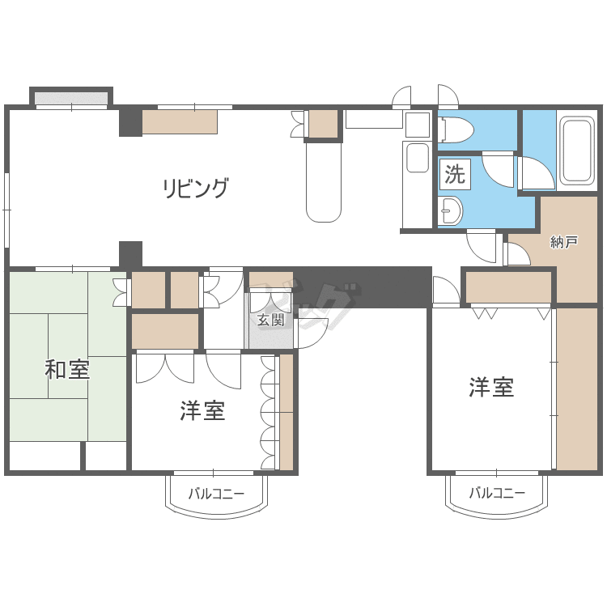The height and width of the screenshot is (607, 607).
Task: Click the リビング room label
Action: pos(196,189)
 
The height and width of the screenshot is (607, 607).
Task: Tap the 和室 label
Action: pos(67,371)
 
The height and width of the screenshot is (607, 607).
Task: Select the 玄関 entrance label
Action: pos(270,319)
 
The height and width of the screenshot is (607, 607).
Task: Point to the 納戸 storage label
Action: pos(563,241)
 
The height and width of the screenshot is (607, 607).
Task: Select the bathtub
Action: pos(577,151)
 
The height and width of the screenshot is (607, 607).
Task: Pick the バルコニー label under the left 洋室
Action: pos(216,493)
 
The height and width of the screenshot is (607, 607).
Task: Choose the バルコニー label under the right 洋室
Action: pos(497,493)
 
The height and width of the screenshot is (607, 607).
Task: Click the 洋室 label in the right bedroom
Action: pos(491,388)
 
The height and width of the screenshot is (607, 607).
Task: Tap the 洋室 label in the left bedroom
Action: pos(202,411)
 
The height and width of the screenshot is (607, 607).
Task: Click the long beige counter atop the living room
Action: pos(180,121)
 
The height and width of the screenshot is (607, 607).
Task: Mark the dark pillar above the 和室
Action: pos(130,254)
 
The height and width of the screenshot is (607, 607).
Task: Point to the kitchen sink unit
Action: pos(416,158)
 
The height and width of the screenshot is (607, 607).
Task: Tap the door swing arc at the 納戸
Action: pos(516,255)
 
